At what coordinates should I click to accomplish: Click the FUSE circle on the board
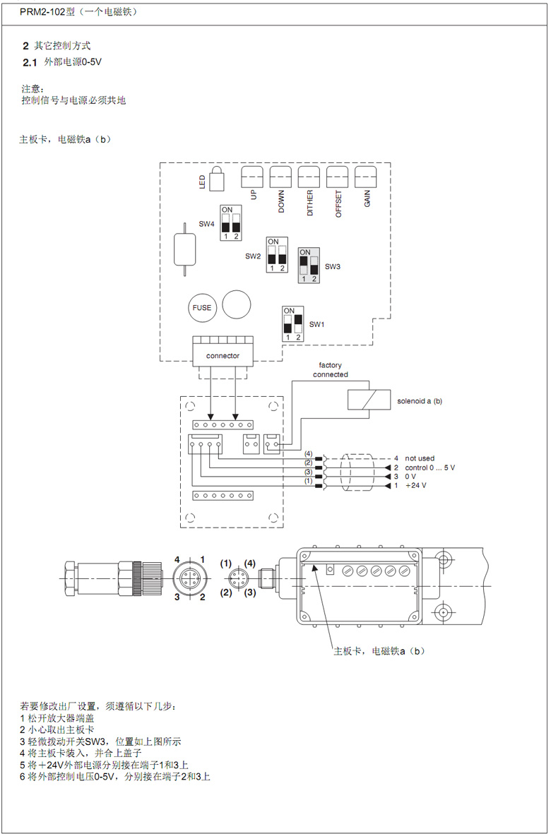point(202,307)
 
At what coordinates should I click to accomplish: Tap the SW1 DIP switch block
point(292,323)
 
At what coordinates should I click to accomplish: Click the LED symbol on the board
point(217,179)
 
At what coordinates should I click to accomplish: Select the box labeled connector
point(223,355)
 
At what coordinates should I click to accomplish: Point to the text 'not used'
point(420,458)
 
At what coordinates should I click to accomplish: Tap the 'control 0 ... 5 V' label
point(429,467)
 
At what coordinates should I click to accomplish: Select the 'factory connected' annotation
point(331,370)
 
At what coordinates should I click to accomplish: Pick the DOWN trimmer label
point(281,201)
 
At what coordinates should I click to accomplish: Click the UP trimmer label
point(253,195)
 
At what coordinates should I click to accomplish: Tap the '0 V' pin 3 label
point(410,477)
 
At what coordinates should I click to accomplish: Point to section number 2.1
point(29,63)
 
